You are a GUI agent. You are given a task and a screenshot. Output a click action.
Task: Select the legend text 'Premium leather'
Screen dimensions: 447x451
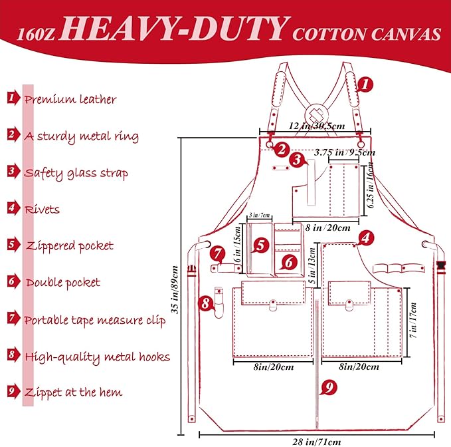70,100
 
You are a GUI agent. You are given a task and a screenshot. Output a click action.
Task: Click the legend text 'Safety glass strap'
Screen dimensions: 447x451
76,173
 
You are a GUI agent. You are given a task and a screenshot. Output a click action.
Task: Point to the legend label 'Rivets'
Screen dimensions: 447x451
43,210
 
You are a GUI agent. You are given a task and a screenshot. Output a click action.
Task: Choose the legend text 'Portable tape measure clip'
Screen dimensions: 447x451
95,320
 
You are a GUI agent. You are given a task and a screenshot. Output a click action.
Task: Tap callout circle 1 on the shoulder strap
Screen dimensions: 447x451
366,84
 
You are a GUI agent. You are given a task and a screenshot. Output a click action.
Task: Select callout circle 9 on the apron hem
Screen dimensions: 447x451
328,386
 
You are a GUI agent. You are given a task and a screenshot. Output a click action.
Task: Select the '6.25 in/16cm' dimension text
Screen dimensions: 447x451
370,187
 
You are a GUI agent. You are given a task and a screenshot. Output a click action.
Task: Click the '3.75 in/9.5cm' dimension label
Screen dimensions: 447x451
345,152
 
